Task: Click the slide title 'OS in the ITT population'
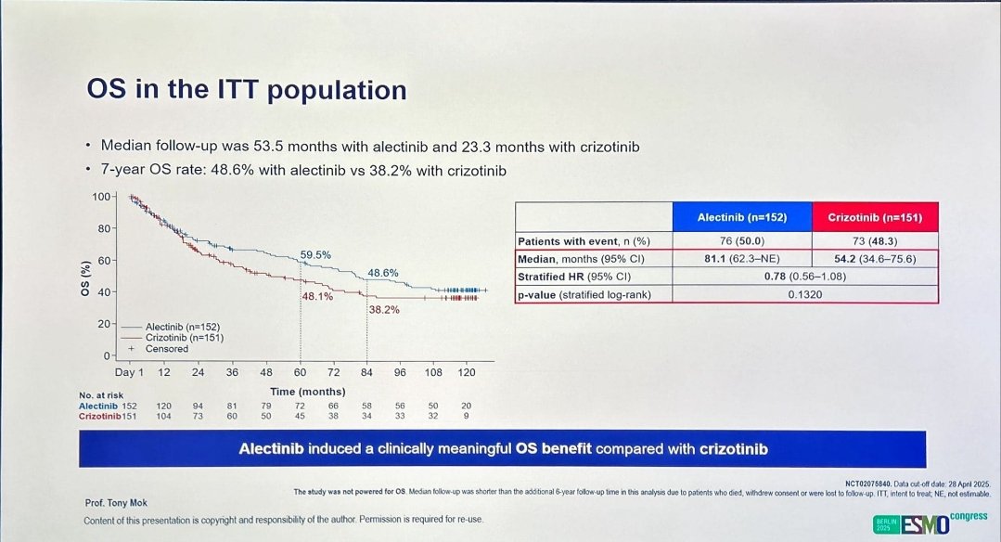pyautogui.click(x=246, y=90)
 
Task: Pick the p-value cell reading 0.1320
pyautogui.click(x=803, y=293)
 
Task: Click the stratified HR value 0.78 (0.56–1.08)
pyautogui.click(x=803, y=276)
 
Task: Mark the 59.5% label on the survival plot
pyautogui.click(x=315, y=254)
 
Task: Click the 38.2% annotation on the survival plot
pyautogui.click(x=383, y=310)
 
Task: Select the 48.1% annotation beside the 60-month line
pyautogui.click(x=316, y=295)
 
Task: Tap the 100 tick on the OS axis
pyautogui.click(x=101, y=197)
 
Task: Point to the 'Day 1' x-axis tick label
pyautogui.click(x=129, y=372)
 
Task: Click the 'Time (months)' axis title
pyautogui.click(x=307, y=392)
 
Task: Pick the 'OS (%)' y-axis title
pyautogui.click(x=85, y=277)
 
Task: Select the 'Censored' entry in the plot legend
pyautogui.click(x=166, y=349)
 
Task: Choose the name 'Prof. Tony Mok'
pyautogui.click(x=116, y=504)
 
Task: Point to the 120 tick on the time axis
pyautogui.click(x=467, y=372)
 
